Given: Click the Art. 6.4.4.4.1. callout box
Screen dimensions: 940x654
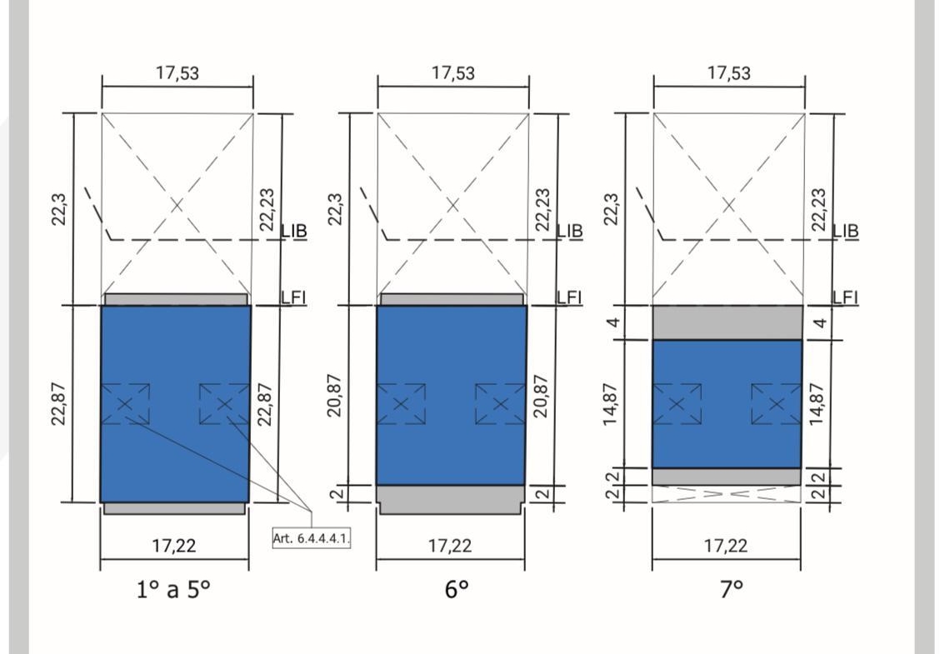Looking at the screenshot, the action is (x=311, y=537).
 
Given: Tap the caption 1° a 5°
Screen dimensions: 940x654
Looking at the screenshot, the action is (x=173, y=589).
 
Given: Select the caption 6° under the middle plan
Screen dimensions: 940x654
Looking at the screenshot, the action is (x=456, y=589).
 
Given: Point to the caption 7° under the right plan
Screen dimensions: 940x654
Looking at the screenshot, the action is (x=732, y=589).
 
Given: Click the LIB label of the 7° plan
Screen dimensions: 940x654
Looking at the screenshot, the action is (x=845, y=231).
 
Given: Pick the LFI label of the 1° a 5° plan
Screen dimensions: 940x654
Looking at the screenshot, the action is (x=293, y=297).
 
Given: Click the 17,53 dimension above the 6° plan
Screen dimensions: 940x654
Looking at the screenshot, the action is (x=453, y=73).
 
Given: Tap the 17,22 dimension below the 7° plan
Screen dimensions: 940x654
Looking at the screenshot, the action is (x=725, y=546).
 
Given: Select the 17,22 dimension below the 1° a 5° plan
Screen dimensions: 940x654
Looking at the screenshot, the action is (x=174, y=546).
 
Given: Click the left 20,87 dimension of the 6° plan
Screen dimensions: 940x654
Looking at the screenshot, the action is (x=334, y=396).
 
